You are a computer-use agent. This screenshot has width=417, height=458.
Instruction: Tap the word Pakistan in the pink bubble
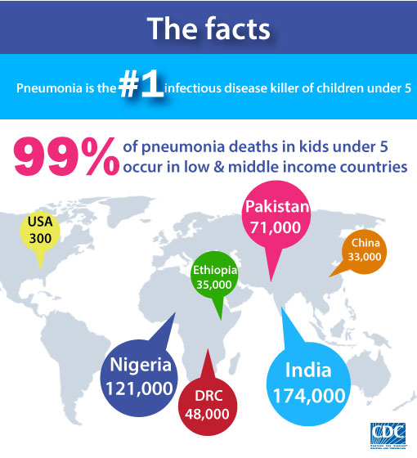(276, 207)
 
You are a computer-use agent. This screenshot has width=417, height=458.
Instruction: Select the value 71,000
(276, 227)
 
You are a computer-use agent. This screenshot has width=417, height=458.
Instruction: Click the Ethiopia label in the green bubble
(215, 271)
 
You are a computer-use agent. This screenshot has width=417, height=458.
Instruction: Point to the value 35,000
(215, 285)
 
